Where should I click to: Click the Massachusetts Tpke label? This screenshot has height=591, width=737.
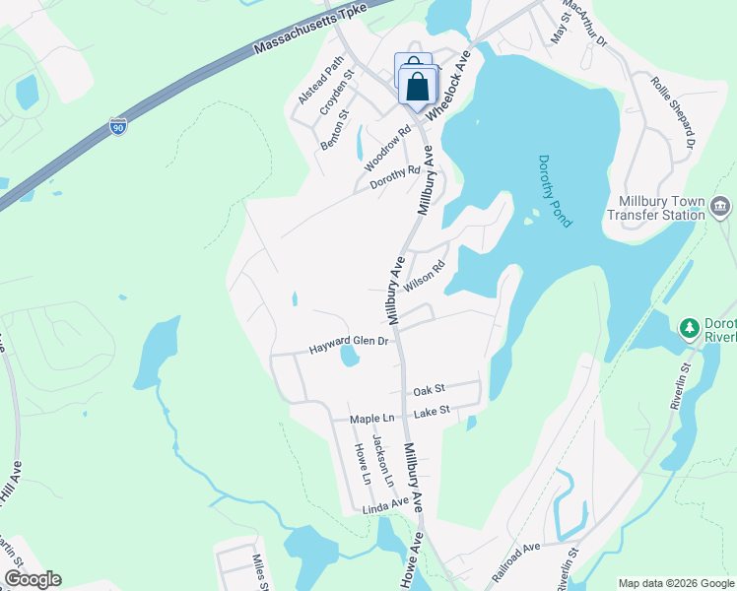[x=309, y=27]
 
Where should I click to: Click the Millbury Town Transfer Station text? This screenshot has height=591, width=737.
[x=661, y=208]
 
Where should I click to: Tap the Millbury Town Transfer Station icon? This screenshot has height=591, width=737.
[x=720, y=206]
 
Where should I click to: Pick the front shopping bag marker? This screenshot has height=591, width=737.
[x=418, y=86]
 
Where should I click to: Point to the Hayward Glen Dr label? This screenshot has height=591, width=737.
[x=350, y=344]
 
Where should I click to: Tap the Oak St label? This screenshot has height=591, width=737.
[x=430, y=390]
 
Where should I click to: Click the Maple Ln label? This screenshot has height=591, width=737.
[x=371, y=419]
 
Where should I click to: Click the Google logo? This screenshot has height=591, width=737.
[x=33, y=579]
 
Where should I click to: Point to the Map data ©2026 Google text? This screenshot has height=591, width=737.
[x=675, y=583]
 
